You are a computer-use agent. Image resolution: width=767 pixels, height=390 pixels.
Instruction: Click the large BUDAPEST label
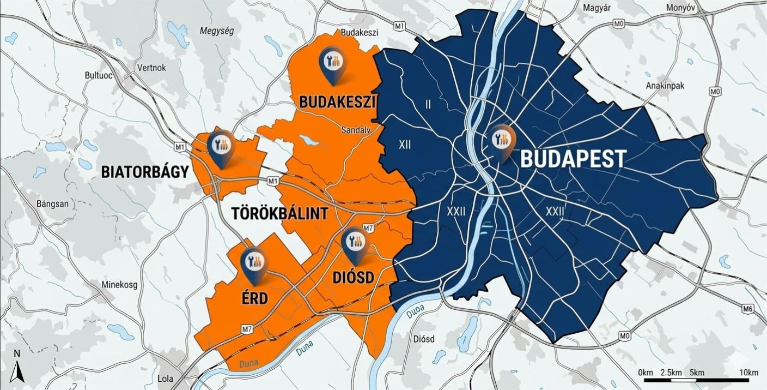[573, 159]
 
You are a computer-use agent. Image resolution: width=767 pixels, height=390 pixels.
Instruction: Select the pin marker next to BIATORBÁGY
[221, 146]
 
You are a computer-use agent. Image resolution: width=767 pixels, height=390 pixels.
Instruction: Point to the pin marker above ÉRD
[254, 263]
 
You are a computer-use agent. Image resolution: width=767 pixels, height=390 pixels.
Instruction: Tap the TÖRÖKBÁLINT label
[280, 213]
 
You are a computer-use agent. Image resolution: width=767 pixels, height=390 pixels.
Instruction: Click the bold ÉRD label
[254, 299]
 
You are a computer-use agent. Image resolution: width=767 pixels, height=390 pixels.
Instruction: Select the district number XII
[405, 145]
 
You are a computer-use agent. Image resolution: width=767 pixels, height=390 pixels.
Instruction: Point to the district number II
[428, 104]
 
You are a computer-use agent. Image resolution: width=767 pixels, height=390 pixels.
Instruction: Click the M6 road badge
[747, 309]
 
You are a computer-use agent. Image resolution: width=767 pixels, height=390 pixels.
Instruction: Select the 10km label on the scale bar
[748, 373]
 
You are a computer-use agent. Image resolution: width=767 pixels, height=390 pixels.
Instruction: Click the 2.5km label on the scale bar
[671, 373]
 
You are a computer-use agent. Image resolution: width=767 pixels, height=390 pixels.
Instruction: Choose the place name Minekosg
[119, 285]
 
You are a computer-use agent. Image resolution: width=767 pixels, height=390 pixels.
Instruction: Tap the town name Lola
[165, 379]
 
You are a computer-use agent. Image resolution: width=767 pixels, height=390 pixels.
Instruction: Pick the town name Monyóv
[681, 8]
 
